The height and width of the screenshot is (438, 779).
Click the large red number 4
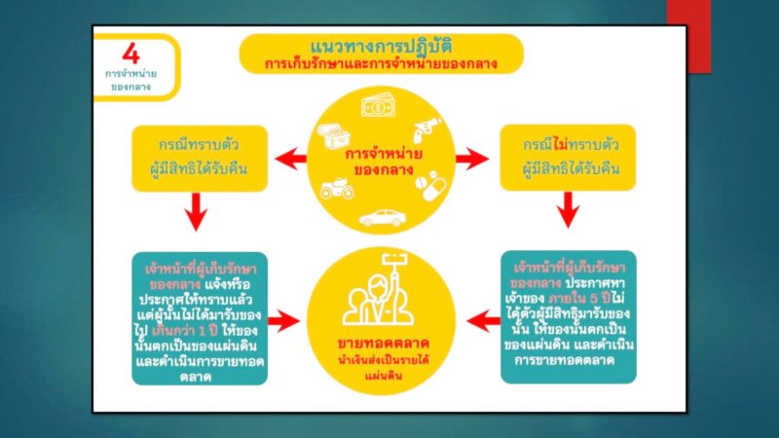click(x=130, y=55)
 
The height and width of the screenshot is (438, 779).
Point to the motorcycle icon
click(x=338, y=185)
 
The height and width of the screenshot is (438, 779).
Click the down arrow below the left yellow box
click(x=198, y=211)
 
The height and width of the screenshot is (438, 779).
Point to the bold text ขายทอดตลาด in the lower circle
click(x=382, y=347)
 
